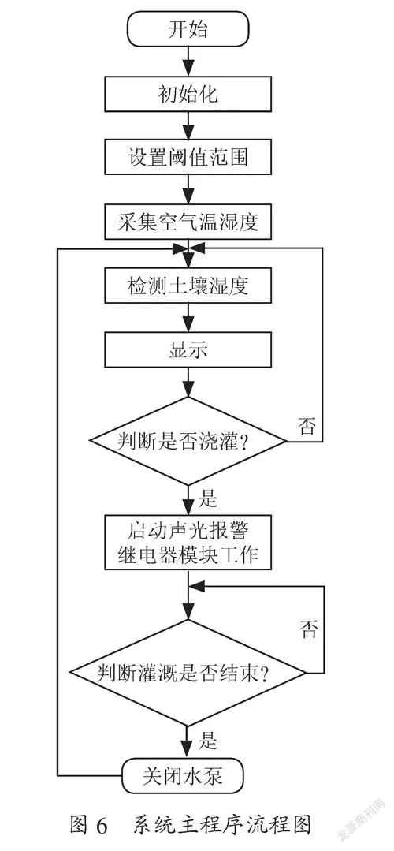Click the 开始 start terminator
tap(188, 28)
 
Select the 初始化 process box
tap(188, 94)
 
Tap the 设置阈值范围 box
tap(188, 157)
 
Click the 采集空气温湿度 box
tap(188, 222)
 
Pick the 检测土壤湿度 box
tap(188, 285)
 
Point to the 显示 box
tap(188, 349)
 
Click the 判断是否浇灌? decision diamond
tap(188, 441)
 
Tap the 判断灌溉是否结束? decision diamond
tap(188, 673)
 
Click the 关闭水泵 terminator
tap(188, 776)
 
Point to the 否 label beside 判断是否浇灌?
tap(307, 426)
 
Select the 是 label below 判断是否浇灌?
tap(209, 497)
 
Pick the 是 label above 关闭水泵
tap(209, 739)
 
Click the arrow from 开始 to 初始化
tap(188, 62)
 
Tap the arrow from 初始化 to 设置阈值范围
tap(188, 125)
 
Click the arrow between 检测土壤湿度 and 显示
tap(188, 317)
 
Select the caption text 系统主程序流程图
tap(221, 825)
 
